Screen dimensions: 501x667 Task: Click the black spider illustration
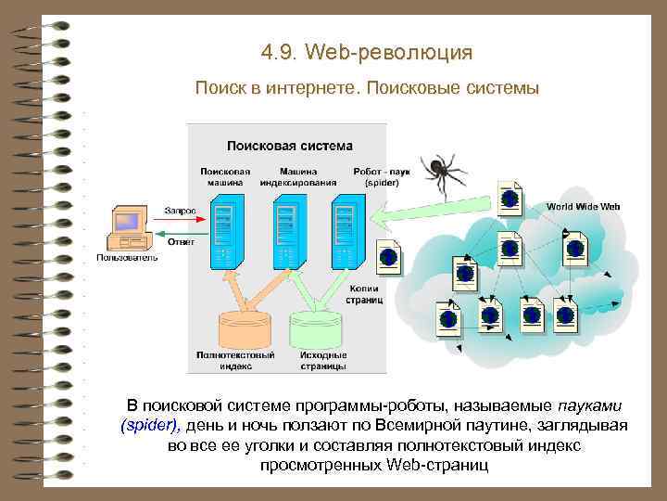[x=443, y=173]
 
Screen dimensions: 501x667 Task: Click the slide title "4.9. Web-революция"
[x=367, y=52]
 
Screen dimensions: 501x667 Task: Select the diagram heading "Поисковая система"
[x=290, y=145]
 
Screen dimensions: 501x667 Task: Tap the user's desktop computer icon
[x=126, y=226]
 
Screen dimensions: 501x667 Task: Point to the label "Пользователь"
[x=127, y=257]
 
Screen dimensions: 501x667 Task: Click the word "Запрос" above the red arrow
[x=180, y=211]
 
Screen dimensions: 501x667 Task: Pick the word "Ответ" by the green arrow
[x=180, y=243]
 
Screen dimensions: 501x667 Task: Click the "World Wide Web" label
[x=583, y=206]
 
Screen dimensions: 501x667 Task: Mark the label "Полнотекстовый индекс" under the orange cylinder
[x=235, y=360]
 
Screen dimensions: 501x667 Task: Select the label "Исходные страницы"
[x=323, y=360]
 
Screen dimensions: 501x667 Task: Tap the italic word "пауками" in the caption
[x=591, y=406]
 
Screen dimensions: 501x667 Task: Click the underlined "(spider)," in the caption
[x=152, y=426]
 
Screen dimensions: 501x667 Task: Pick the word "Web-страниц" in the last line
[x=438, y=464]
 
